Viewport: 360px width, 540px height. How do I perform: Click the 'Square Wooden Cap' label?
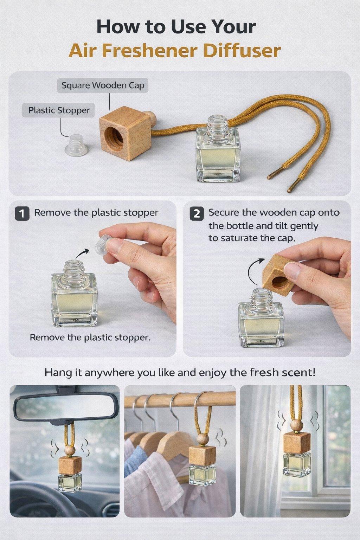103,85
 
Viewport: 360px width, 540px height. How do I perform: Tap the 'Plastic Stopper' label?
59,110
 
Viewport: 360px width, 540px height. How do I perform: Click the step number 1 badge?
22,213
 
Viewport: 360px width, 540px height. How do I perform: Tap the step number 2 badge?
197,213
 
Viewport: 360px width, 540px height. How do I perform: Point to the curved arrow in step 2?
254,271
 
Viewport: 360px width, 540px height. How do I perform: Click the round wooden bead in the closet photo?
202,439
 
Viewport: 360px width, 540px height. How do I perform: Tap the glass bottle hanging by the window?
297,464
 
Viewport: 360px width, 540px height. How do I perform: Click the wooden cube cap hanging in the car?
70,465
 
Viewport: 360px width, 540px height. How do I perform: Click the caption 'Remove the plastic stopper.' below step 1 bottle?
90,337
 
